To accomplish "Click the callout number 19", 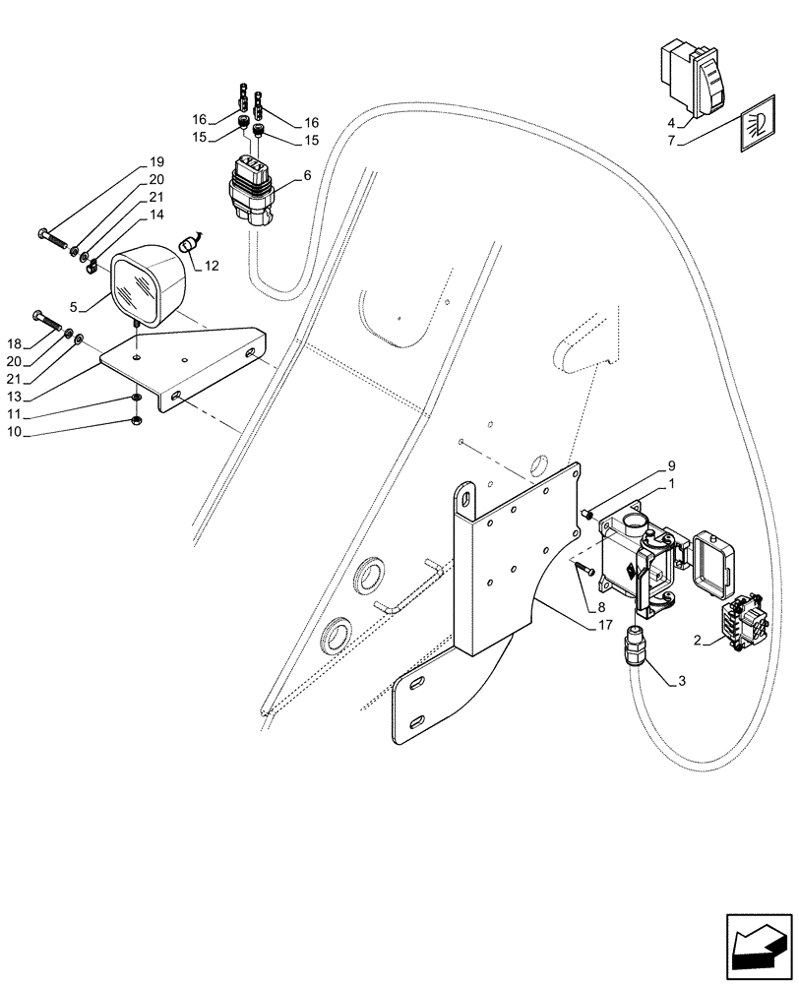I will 156,162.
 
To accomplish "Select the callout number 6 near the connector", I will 307,176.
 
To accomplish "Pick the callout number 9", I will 671,465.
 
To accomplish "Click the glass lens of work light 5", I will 137,288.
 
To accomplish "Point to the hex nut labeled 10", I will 136,423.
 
